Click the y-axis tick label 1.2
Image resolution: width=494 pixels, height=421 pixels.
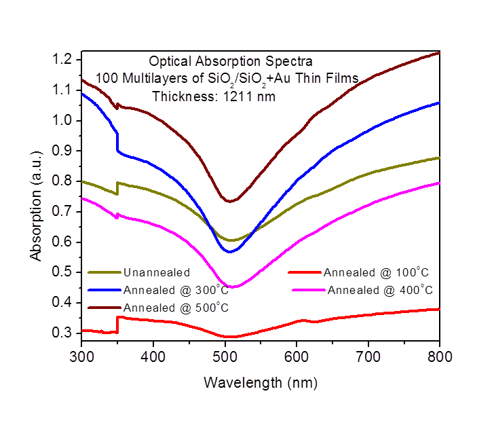(x=64, y=60)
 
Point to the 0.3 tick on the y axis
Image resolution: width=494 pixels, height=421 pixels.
(x=64, y=333)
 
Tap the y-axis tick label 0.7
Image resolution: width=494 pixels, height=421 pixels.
(x=64, y=211)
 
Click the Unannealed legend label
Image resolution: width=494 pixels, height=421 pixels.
(x=157, y=274)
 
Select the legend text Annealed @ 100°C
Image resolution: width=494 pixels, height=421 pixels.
(x=377, y=273)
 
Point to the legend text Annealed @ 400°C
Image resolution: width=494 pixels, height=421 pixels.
(x=380, y=290)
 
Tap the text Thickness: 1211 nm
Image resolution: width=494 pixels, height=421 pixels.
(x=214, y=96)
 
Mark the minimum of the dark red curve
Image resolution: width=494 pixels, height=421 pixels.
(x=230, y=201)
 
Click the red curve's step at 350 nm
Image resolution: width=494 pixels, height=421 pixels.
(x=117, y=324)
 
